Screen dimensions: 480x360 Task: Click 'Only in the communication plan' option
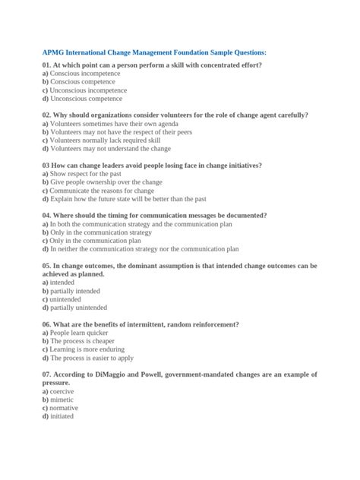tap(90, 241)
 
